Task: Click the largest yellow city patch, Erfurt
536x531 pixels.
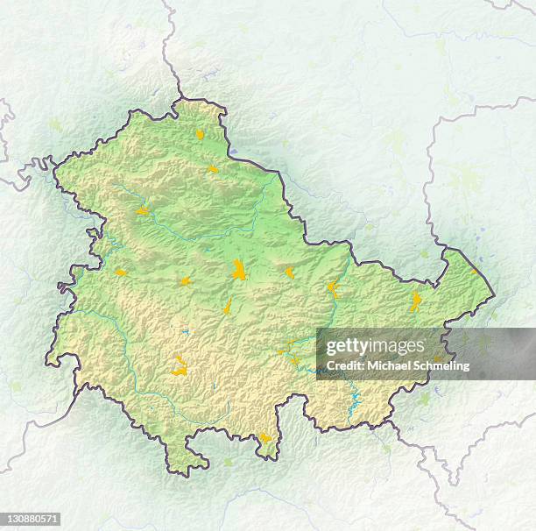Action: pos(238,270)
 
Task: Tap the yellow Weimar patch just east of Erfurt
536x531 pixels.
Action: pos(290,273)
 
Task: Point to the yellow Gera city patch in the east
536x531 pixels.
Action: pos(415,301)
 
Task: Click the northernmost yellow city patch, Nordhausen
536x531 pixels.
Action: pos(200,134)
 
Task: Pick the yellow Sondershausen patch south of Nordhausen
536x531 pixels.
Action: pos(213,168)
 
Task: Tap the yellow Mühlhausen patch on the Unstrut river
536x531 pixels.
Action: pos(143,210)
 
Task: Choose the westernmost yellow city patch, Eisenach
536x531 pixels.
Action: pos(120,272)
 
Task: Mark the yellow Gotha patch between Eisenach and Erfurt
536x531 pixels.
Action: pos(186,281)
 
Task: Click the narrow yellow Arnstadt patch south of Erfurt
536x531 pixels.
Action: pos(228,306)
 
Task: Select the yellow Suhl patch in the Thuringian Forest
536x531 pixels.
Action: pos(180,367)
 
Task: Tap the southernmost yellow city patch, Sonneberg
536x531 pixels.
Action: pos(265,437)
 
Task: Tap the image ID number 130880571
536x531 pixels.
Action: pos(32,520)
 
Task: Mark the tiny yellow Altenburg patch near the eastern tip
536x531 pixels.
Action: pos(474,271)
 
